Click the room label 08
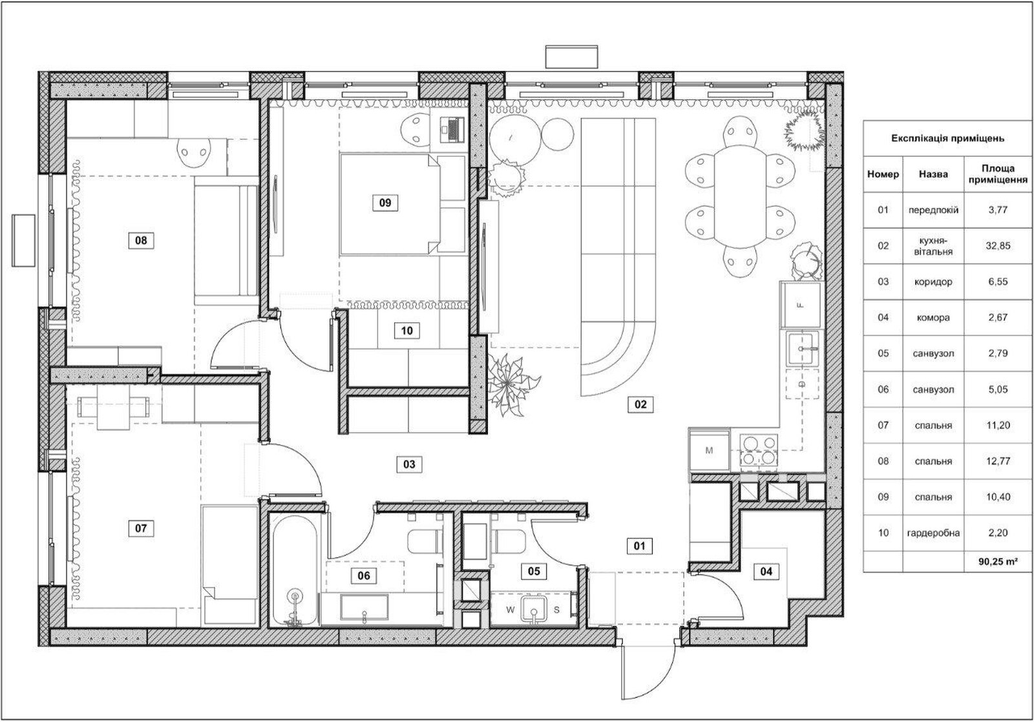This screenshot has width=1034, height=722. click(x=141, y=240)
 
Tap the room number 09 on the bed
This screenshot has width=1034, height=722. click(x=385, y=203)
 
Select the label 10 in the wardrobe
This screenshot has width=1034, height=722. click(x=406, y=331)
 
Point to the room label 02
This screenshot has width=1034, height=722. click(x=640, y=405)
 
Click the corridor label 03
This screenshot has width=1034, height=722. click(x=409, y=464)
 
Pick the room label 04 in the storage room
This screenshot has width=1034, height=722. click(x=766, y=572)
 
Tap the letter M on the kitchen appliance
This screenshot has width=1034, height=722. click(x=709, y=450)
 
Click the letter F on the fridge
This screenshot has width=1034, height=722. click(x=801, y=305)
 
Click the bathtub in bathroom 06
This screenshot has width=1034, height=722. click(x=295, y=570)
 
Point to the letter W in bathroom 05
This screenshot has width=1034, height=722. click(x=510, y=610)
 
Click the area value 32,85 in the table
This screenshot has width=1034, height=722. click(x=998, y=246)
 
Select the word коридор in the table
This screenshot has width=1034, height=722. click(x=933, y=282)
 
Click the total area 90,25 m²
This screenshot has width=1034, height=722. click(x=998, y=562)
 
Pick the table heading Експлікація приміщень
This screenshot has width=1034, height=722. click(x=947, y=138)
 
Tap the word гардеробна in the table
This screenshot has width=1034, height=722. click(x=933, y=533)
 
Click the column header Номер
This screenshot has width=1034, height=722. click(x=883, y=174)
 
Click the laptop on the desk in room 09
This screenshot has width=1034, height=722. click(x=452, y=129)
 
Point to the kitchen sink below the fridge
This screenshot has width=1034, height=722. click(x=803, y=349)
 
